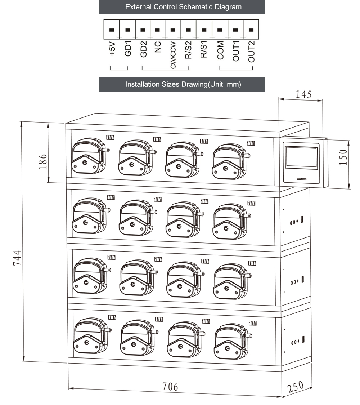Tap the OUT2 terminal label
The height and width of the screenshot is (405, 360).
[x=251, y=51]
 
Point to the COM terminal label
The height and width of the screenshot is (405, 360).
[x=220, y=50]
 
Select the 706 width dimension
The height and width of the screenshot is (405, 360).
[x=170, y=387]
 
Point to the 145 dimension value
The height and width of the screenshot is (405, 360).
[x=304, y=94]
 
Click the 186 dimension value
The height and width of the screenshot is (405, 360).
[x=43, y=163]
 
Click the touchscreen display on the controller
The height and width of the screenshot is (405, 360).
[x=301, y=158]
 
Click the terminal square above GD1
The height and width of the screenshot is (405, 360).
[x=127, y=30]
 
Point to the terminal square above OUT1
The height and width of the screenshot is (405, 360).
[x=235, y=30]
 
